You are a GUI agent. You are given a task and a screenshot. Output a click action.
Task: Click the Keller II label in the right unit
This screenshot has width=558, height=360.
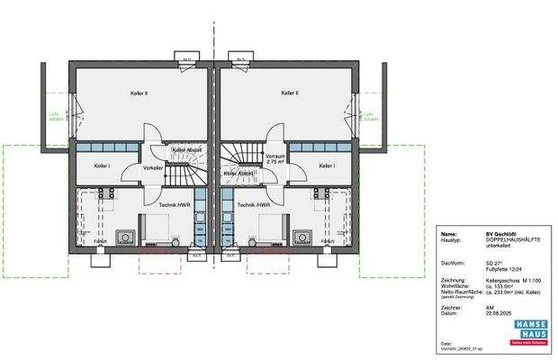point(290,92)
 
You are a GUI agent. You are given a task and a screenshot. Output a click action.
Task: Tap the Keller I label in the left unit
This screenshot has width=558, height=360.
point(102,166)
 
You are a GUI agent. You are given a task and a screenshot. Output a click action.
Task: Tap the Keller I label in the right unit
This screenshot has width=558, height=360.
point(326,166)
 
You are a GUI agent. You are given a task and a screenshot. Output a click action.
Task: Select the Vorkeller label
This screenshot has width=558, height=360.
point(153,167)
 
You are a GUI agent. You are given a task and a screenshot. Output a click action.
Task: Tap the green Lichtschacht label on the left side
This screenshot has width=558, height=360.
point(54,117)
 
